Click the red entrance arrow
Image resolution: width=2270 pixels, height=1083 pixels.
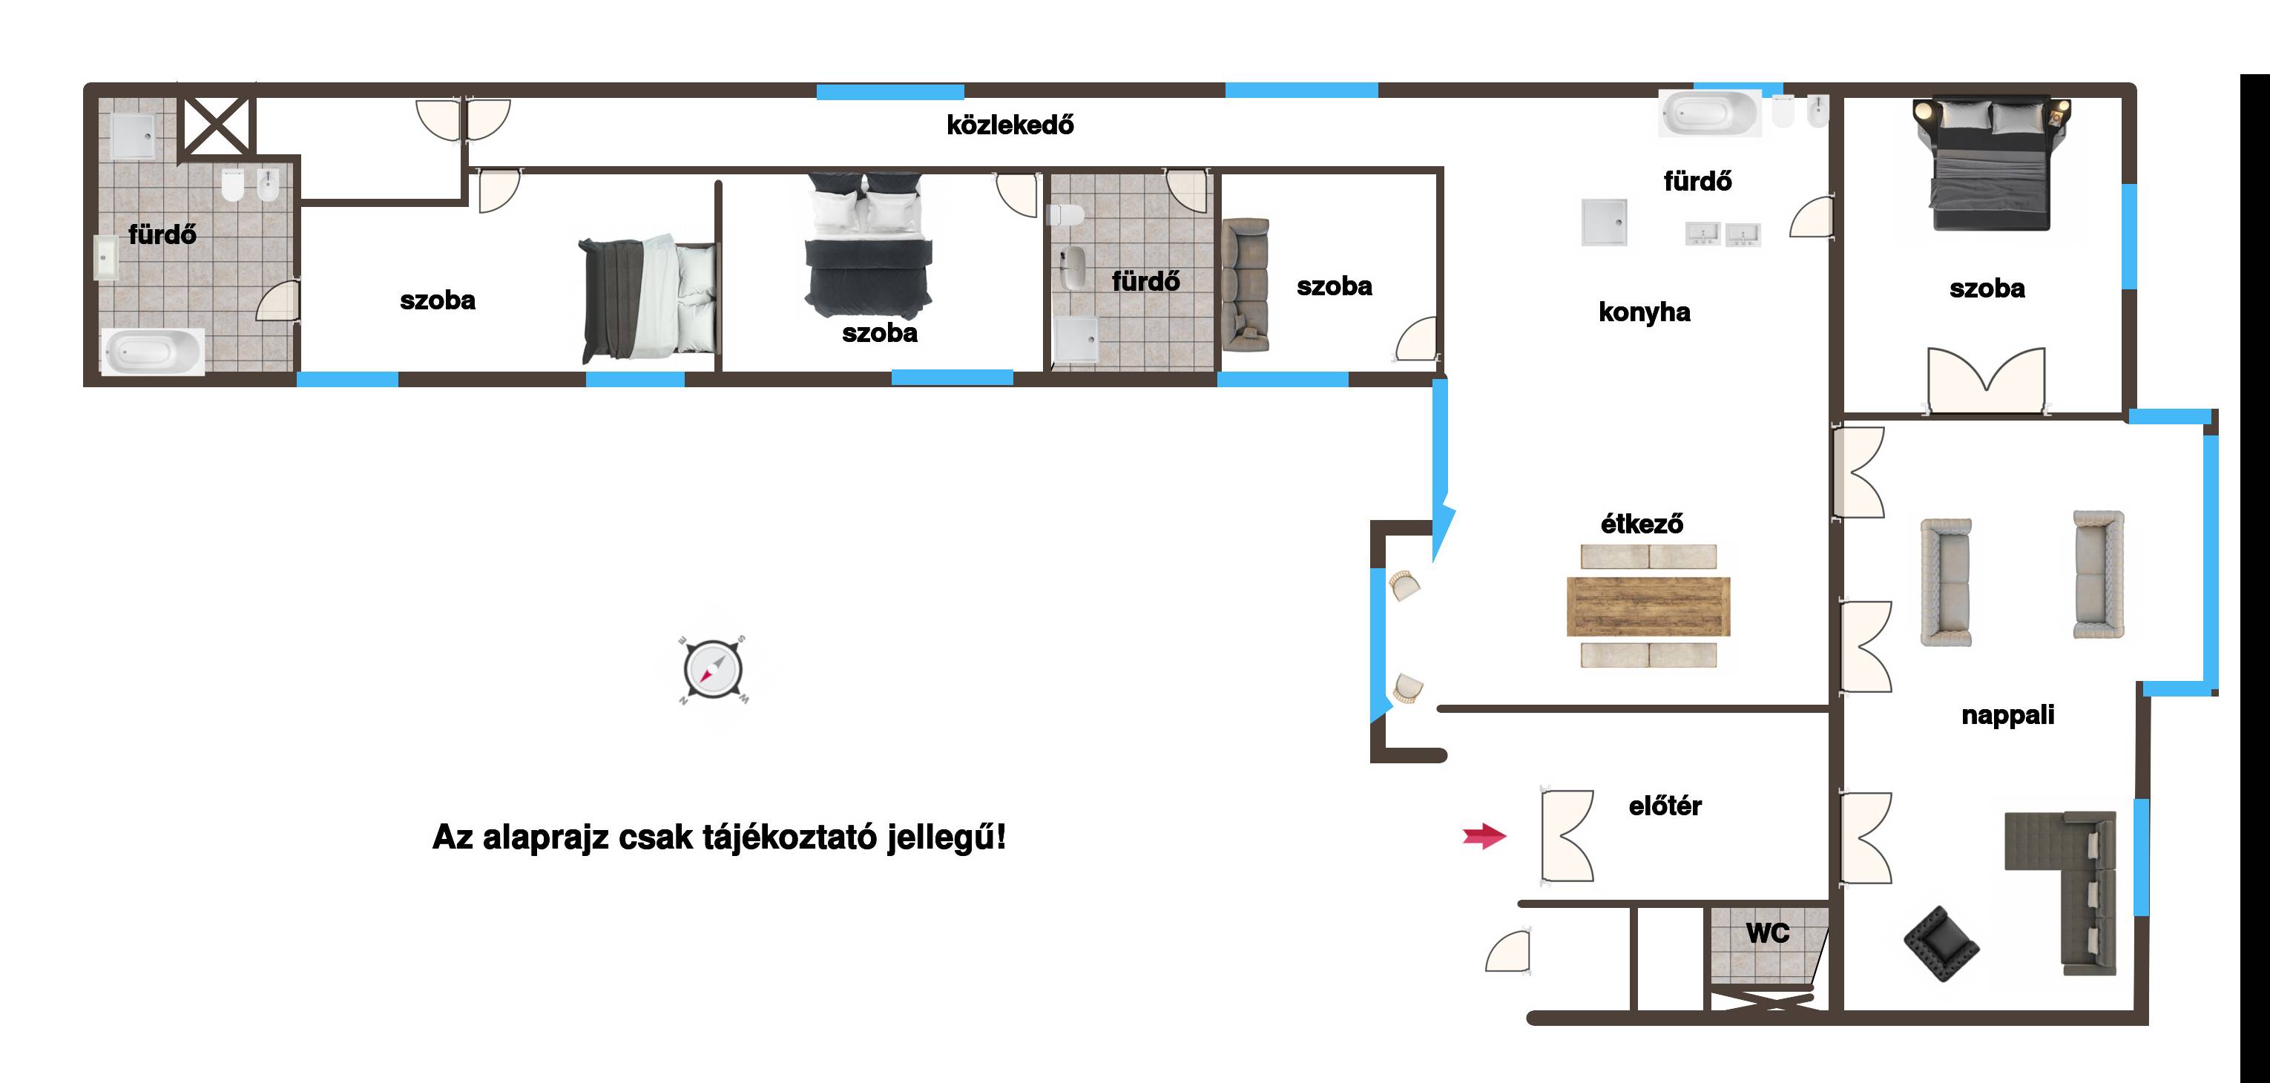[x=1485, y=835]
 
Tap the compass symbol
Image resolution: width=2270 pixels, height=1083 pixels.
[x=714, y=670]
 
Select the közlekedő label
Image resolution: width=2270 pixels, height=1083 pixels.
[x=1010, y=125]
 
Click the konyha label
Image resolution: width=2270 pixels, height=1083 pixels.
[x=1645, y=312]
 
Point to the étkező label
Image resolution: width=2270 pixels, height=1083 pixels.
[x=1642, y=524]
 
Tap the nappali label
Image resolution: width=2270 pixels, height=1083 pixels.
[x=2007, y=714]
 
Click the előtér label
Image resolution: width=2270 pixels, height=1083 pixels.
[x=1665, y=806]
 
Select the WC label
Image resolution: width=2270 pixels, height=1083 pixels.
[x=1768, y=933]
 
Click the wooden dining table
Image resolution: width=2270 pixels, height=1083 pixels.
[x=1648, y=606]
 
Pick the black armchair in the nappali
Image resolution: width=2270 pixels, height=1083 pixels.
[x=1941, y=944]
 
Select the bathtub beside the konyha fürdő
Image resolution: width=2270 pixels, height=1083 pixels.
[x=1710, y=113]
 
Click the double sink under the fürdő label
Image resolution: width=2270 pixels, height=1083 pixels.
[x=1723, y=234]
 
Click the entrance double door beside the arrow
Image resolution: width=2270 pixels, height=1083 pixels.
[x=1567, y=835]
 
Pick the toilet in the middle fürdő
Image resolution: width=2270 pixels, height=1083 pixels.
[x=1065, y=215]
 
